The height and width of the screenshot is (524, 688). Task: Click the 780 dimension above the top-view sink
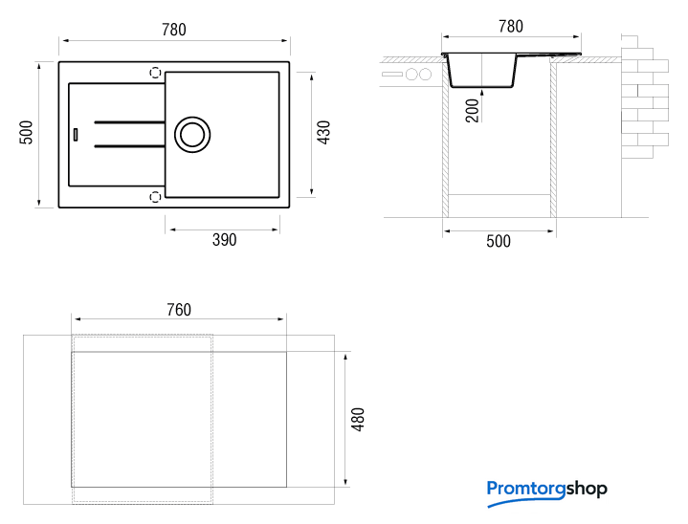click(x=174, y=30)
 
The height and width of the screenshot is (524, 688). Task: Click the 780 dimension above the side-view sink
click(x=511, y=27)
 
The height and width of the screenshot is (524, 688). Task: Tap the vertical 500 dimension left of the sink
click(x=27, y=132)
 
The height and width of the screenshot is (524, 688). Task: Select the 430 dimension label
click(x=323, y=132)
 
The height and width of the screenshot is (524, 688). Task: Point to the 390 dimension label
click(x=224, y=240)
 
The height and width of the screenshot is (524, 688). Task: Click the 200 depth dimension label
click(x=472, y=111)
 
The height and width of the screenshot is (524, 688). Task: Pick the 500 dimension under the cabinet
click(x=499, y=241)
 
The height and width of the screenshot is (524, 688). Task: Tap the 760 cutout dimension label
click(x=179, y=310)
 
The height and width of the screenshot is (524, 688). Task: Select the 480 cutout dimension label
click(x=359, y=420)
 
